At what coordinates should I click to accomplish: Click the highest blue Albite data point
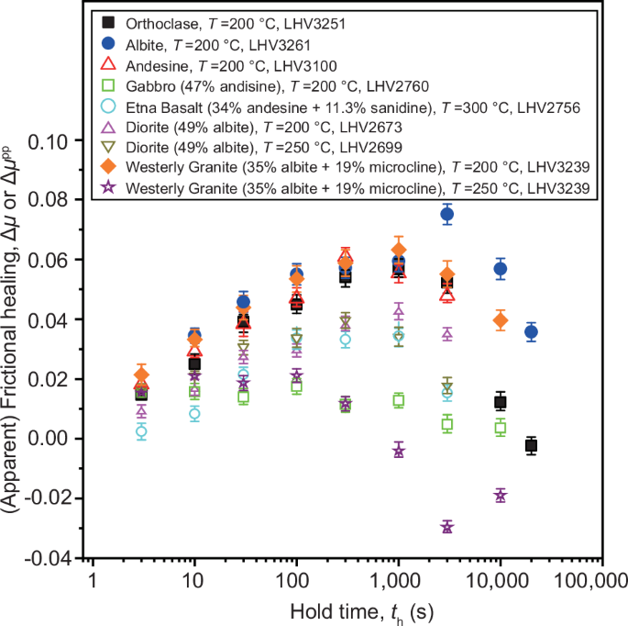[x=447, y=214]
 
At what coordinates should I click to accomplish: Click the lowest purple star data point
[x=447, y=527]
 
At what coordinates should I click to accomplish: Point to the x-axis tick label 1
[x=93, y=580]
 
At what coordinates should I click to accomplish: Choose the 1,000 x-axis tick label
[x=397, y=580]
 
